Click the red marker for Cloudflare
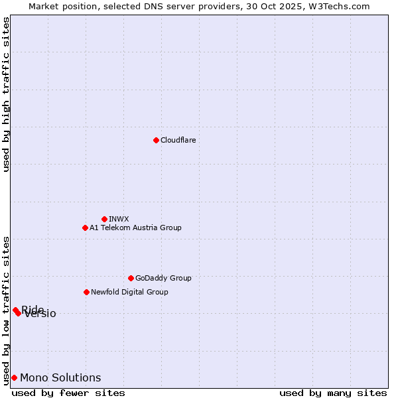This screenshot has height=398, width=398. click(x=156, y=140)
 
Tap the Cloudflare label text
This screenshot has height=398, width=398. click(x=178, y=140)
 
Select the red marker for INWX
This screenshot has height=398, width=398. click(x=104, y=219)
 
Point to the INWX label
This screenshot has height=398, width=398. click(x=119, y=219)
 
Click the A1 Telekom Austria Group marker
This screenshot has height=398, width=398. click(x=85, y=228)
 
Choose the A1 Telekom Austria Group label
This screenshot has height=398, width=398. click(x=135, y=228)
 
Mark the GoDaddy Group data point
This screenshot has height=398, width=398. click(x=131, y=278)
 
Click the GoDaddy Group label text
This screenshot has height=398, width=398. click(x=163, y=278)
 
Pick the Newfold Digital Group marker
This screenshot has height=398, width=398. click(x=86, y=292)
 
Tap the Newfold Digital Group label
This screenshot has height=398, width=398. click(x=129, y=292)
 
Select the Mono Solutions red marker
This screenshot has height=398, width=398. click(x=14, y=377)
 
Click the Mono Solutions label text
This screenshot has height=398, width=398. click(x=60, y=377)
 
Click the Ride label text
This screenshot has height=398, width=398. click(x=33, y=309)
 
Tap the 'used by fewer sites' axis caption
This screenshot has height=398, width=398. click(x=68, y=393)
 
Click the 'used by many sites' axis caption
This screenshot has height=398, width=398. click(x=333, y=393)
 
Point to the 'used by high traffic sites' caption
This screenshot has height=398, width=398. click(x=6, y=94)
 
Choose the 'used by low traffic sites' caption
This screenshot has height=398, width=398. click(x=6, y=310)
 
